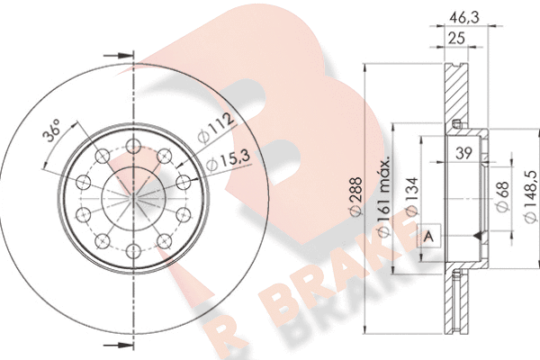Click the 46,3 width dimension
point(465,18)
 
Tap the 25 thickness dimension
point(456,38)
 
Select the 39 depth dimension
point(463,153)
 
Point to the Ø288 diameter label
point(355,197)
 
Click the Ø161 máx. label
point(383,196)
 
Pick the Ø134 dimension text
point(412,197)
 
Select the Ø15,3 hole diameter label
point(228,161)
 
